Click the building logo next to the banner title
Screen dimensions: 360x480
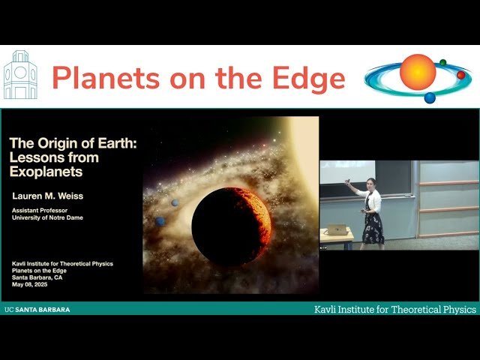tap(20, 76)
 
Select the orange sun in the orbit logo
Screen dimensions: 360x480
tap(418, 72)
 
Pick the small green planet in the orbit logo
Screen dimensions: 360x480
tap(443, 62)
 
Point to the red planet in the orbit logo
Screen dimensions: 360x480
tap(460, 75)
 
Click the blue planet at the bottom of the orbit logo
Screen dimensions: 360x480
tap(430, 97)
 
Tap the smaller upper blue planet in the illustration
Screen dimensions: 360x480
tap(175, 202)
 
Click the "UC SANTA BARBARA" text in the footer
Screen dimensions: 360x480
tap(37, 309)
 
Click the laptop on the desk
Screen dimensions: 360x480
tap(337, 229)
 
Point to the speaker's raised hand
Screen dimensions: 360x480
tap(346, 181)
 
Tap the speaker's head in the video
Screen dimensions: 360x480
tap(370, 182)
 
